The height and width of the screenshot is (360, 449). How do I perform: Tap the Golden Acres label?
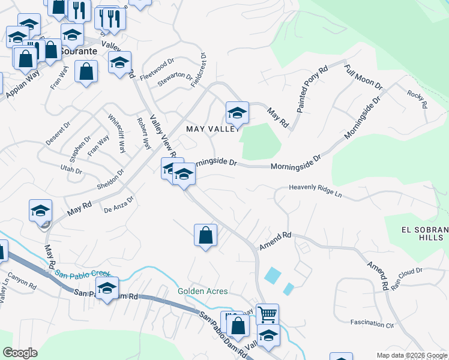[203, 292]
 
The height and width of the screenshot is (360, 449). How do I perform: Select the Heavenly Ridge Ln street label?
[315, 191]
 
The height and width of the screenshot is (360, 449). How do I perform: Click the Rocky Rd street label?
[417, 98]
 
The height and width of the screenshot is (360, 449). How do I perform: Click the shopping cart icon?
[267, 314]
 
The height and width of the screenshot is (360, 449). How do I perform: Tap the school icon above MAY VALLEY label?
[237, 112]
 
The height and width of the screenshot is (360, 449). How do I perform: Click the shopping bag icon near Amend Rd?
[205, 235]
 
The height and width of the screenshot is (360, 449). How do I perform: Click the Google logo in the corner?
[20, 353]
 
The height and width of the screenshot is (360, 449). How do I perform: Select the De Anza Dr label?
[117, 209]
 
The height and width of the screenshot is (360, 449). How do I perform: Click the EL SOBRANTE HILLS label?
[424, 233]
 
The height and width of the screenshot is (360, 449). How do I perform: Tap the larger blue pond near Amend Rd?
[271, 275]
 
